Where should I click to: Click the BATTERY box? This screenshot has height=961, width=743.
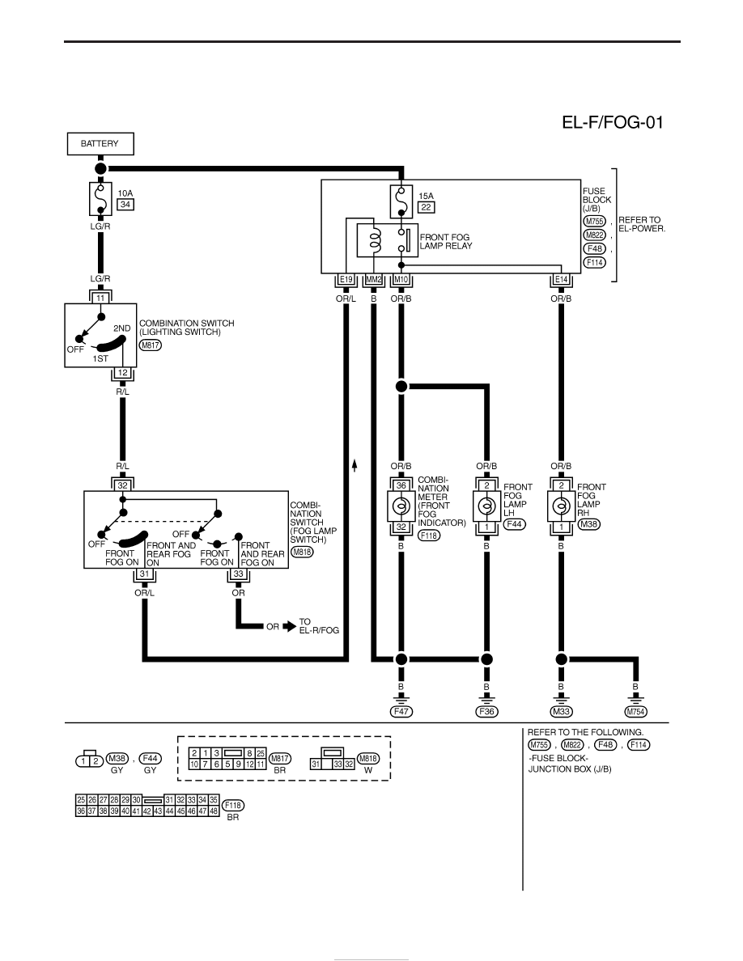[100, 143]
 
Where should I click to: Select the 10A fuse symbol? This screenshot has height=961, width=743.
[100, 198]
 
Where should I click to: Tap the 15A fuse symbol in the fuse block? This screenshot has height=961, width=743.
[401, 201]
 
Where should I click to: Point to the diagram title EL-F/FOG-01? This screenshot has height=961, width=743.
[613, 123]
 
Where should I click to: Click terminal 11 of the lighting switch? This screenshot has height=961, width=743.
[100, 298]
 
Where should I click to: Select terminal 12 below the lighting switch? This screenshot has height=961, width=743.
[122, 373]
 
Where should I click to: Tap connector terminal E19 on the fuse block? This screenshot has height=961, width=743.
[346, 280]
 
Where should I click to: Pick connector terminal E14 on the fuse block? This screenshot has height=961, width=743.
[561, 280]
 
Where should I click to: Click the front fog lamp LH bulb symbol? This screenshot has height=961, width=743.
[486, 506]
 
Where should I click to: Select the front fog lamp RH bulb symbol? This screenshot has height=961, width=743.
[560, 506]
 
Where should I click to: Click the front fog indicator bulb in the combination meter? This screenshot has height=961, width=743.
[401, 506]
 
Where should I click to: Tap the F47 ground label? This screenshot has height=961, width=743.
[401, 712]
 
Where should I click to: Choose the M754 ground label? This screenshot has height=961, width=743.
[635, 712]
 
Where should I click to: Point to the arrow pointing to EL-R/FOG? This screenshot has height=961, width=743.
[290, 626]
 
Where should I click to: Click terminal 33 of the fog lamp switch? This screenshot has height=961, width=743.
[239, 574]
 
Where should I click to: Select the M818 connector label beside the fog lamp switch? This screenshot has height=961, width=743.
[302, 552]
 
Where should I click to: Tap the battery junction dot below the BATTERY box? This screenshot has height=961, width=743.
[100, 168]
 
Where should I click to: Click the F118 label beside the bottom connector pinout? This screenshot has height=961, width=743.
[233, 806]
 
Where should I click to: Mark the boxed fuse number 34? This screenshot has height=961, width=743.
[125, 204]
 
